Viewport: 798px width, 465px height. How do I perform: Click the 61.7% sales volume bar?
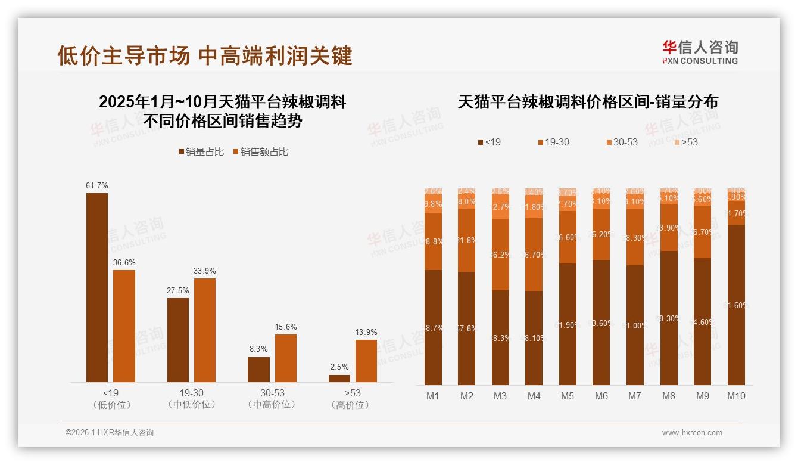coord(97,287)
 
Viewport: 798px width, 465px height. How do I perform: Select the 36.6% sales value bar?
coord(124,326)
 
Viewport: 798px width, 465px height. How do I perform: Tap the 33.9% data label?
coord(204,271)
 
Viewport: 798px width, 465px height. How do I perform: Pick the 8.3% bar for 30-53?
coord(258,370)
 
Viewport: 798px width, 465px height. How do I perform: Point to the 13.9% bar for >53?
coord(366,361)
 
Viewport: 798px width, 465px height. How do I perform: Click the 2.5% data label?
coord(339,367)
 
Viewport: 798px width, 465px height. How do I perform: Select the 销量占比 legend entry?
coord(201,152)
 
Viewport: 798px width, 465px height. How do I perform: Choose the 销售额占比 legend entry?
coord(260,152)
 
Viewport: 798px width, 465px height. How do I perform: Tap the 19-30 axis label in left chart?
coord(191,393)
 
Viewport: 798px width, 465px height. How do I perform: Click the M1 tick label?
coord(433,396)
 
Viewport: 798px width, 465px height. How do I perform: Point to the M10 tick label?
coord(736,396)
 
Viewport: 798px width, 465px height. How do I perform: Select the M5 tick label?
coord(568,396)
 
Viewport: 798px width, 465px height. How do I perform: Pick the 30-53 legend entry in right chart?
coord(622,142)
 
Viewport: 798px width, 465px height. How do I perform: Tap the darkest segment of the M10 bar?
coord(736,304)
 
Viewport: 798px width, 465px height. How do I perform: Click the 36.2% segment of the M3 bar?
coord(500,255)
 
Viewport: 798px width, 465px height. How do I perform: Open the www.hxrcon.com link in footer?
coord(692,433)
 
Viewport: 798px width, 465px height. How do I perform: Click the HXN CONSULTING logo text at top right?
coord(700,61)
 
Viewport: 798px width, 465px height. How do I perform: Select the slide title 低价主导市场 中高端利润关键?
coord(205,55)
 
